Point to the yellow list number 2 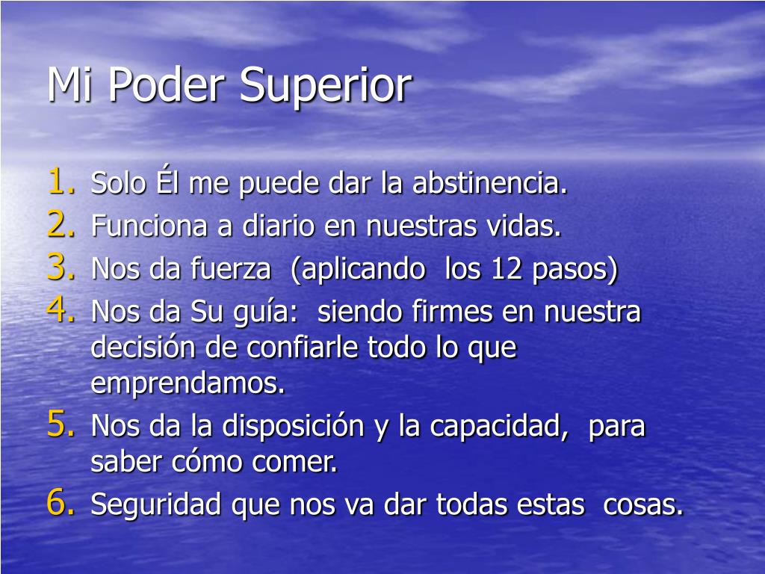coord(59,225)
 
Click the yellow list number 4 coord(59,310)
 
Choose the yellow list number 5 coord(59,425)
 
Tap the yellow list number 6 coord(59,504)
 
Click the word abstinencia coord(491,184)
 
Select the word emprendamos coord(188,384)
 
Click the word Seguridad coord(157,506)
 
